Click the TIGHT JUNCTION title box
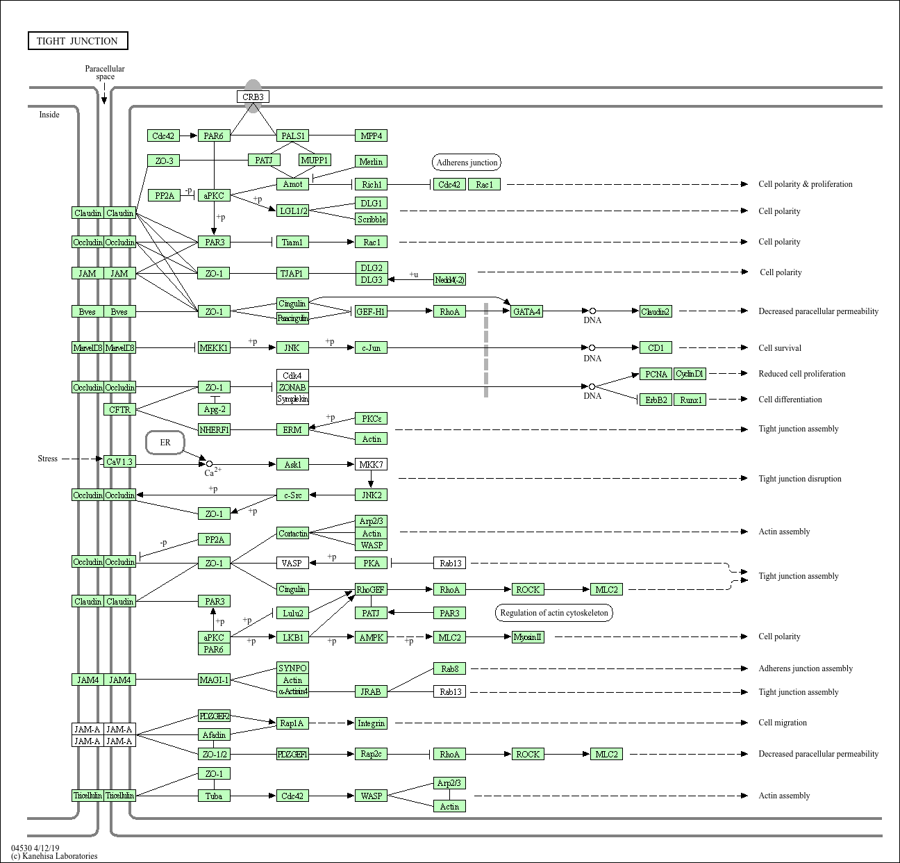[x=78, y=41]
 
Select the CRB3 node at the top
[x=253, y=97]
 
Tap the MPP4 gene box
[x=371, y=135]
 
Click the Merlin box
[x=371, y=161]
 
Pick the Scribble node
[x=371, y=219]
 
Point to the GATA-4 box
[x=526, y=311]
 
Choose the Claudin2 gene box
[x=656, y=311]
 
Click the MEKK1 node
[x=214, y=347]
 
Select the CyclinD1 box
[x=690, y=374]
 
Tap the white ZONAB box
[x=292, y=387]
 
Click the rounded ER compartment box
[x=165, y=443]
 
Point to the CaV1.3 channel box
[x=119, y=461]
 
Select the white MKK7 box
[x=371, y=464]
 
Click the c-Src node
[x=292, y=495]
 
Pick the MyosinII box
[x=528, y=636]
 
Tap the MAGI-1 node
[x=214, y=680]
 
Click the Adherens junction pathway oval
[x=467, y=163]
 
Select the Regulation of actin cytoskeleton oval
[x=554, y=613]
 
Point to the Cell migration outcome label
[x=783, y=723]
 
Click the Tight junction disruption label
[x=799, y=479]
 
